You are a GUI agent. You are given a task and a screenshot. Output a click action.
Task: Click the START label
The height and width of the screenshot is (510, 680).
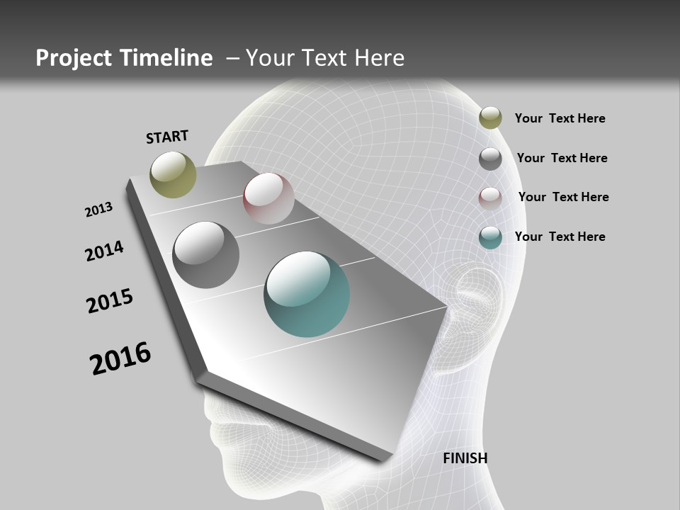(167, 137)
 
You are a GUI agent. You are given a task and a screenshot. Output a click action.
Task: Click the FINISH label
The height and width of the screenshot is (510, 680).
(465, 458)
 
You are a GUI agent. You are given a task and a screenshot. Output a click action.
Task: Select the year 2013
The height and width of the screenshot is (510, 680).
(98, 210)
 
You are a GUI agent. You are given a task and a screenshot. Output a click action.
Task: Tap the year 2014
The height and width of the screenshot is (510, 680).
(105, 251)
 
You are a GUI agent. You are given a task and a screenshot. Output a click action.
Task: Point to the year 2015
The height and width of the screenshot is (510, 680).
(110, 301)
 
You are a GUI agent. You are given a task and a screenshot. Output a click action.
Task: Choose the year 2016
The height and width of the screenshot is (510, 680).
(120, 358)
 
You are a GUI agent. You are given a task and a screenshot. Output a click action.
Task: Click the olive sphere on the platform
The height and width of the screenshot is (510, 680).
(173, 174)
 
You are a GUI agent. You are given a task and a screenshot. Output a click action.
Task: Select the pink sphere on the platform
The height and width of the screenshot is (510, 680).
(268, 198)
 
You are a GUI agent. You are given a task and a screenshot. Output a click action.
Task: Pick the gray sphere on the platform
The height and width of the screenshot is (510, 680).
(205, 255)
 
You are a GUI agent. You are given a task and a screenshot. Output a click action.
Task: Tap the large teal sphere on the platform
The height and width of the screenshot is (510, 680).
(307, 294)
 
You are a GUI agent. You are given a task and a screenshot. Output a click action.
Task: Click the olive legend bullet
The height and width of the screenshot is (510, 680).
(490, 118)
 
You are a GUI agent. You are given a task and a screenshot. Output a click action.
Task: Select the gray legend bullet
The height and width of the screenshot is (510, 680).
(490, 159)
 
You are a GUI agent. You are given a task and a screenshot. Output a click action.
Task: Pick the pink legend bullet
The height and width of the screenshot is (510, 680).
(490, 198)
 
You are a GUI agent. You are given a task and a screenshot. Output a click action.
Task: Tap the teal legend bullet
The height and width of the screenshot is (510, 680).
(490, 237)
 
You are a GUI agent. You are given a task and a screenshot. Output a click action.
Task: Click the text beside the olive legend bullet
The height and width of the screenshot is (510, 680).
(560, 118)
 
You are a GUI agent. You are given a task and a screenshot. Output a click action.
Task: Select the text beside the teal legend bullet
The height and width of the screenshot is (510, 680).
(560, 237)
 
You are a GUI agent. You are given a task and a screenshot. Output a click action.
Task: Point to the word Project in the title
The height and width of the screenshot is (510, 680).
(72, 58)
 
